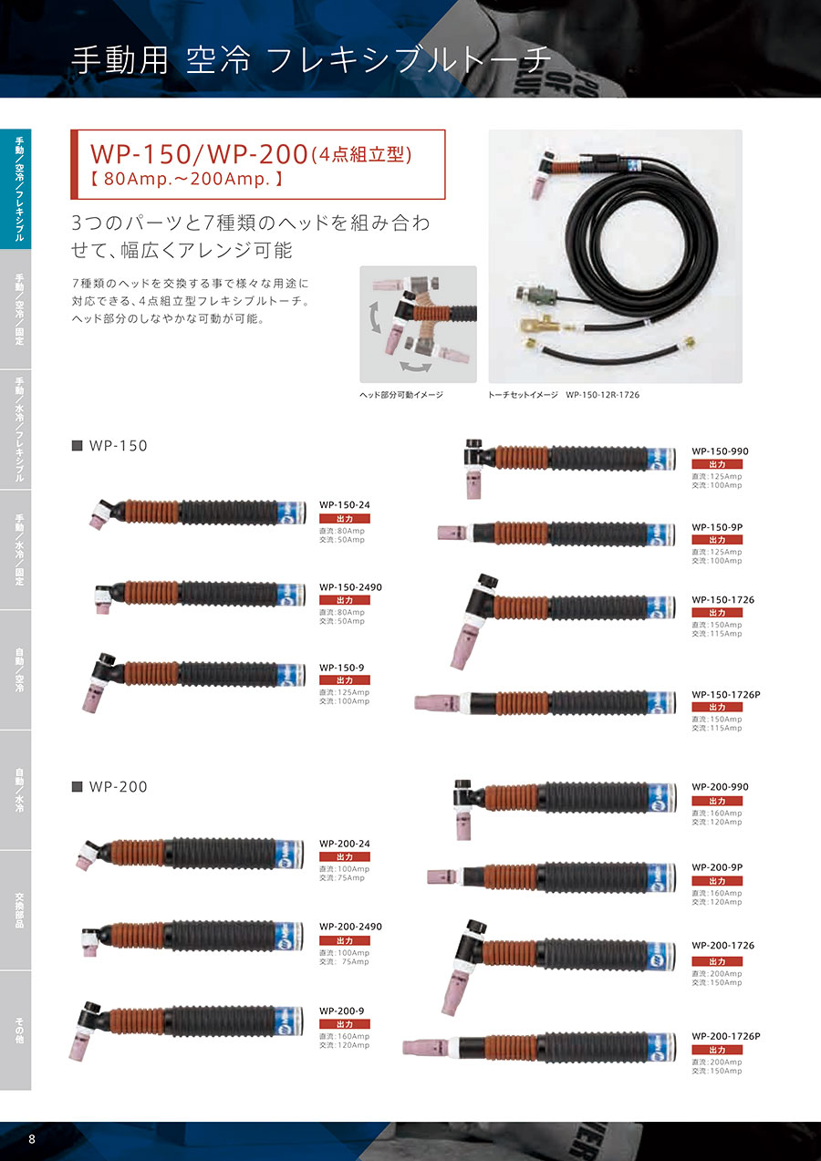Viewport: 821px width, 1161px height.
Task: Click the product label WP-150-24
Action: [x=344, y=505]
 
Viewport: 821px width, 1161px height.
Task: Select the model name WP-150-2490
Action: [x=350, y=587]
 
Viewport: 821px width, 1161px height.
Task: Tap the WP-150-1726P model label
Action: [x=725, y=695]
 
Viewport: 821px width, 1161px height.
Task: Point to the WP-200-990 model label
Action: [x=720, y=787]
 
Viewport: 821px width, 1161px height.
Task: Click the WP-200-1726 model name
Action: [x=723, y=946]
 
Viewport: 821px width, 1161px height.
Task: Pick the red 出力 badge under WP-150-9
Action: [x=345, y=680]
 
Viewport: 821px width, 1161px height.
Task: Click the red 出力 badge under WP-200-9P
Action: [x=717, y=881]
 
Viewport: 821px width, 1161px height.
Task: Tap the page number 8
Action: [x=32, y=1139]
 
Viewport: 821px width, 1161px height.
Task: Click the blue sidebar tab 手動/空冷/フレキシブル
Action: [x=16, y=189]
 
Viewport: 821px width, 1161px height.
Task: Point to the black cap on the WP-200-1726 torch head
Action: [x=475, y=927]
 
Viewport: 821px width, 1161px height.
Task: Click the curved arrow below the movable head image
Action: [x=416, y=367]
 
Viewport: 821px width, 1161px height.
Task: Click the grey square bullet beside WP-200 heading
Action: [x=78, y=787]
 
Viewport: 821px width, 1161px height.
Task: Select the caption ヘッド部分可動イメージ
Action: [x=401, y=395]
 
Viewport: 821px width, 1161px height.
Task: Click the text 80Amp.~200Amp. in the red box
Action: [x=186, y=180]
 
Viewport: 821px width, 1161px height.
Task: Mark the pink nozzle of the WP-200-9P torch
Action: [x=442, y=876]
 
